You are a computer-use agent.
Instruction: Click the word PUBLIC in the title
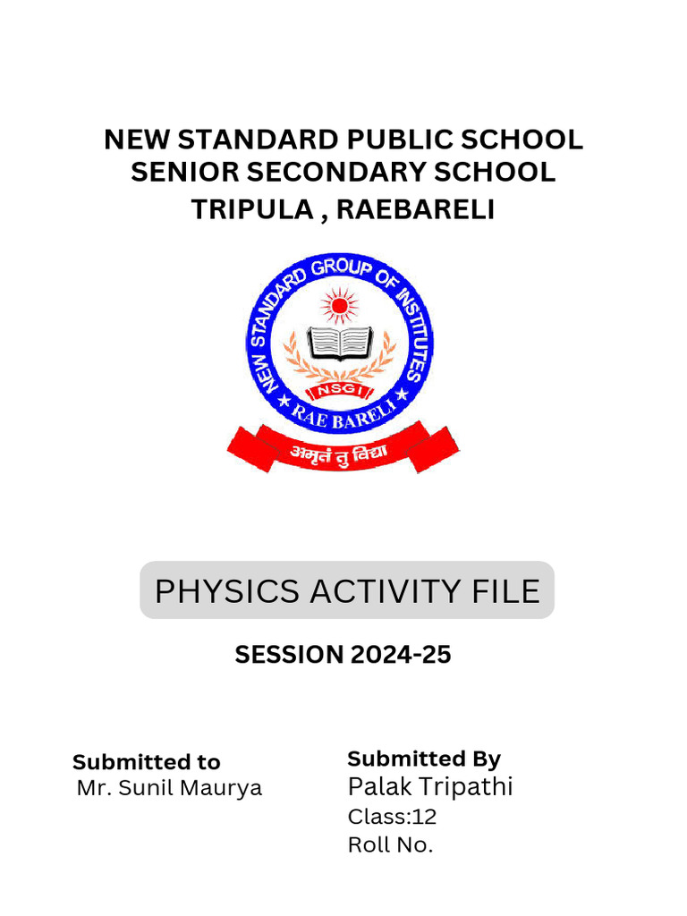click(400, 140)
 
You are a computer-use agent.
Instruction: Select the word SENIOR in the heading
click(184, 172)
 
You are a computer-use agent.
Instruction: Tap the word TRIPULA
click(252, 209)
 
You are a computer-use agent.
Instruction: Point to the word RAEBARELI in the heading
click(415, 209)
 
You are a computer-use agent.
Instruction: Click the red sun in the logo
click(339, 306)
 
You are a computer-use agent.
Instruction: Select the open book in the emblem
click(340, 343)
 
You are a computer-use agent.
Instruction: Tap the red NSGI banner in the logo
click(340, 391)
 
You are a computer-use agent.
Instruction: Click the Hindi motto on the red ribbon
click(339, 453)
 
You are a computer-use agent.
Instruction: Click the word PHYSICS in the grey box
click(227, 591)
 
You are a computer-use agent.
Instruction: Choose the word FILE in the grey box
click(506, 591)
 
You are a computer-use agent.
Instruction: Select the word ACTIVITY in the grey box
click(386, 591)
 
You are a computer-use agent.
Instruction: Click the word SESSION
click(289, 654)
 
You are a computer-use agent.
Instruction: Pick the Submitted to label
click(147, 762)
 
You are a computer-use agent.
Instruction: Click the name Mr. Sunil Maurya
click(169, 788)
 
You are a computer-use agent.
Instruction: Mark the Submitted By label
click(424, 759)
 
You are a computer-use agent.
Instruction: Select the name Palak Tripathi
click(430, 786)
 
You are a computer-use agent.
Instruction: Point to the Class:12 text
click(392, 817)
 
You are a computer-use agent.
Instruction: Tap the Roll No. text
click(390, 844)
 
